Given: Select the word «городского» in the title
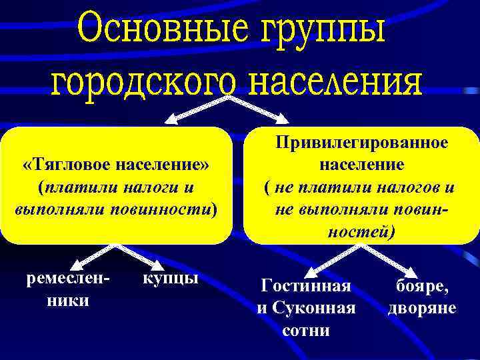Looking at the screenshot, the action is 143,84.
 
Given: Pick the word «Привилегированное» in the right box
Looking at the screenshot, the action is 362,143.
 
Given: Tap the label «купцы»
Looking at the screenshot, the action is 171,277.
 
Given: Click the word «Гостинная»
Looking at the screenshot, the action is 306,286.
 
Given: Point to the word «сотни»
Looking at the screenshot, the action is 306,330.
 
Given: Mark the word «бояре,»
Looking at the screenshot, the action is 422,286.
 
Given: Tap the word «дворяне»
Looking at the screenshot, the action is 422,308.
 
